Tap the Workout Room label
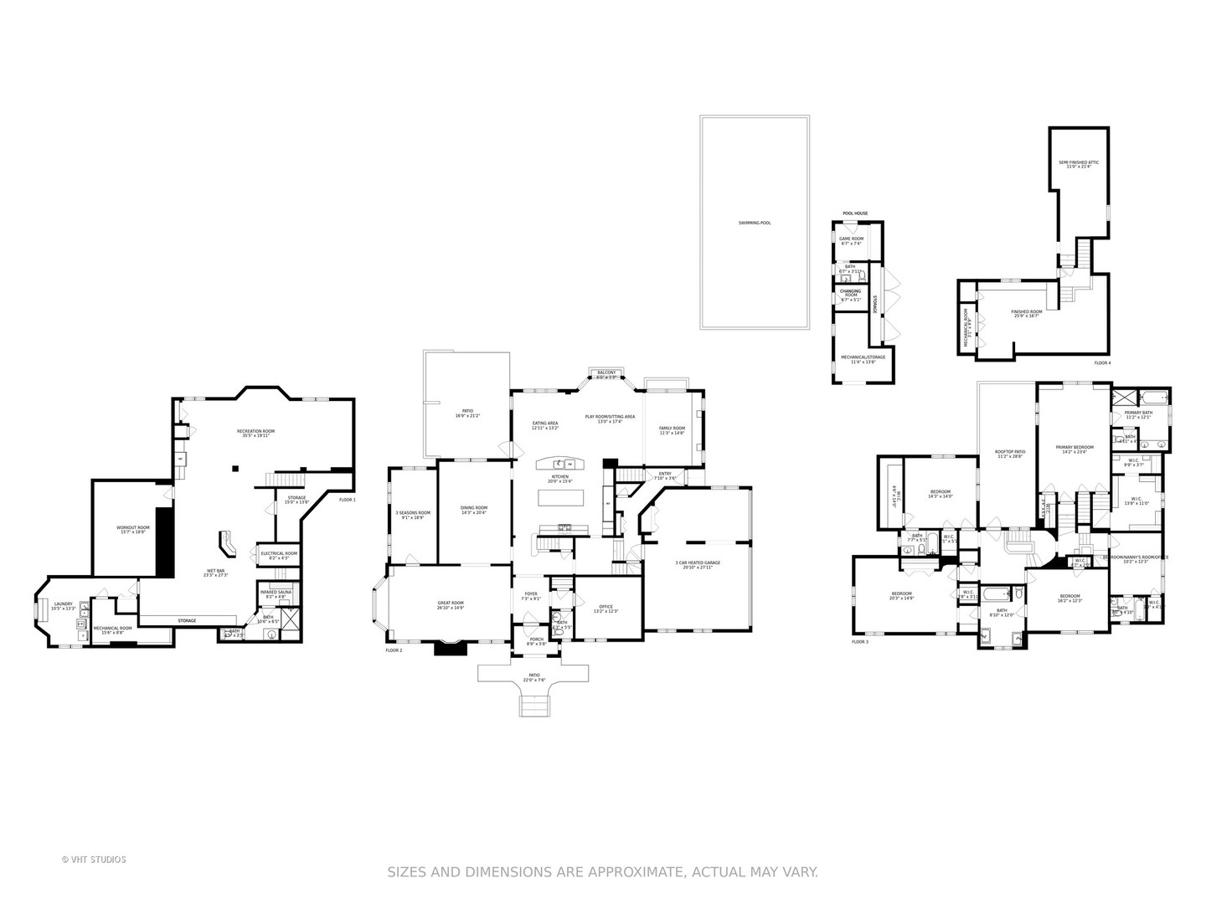132,529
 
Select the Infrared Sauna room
275,593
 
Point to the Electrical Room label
279,555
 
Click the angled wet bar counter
227,543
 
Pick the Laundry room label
64,605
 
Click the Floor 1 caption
347,500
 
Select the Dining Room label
474,510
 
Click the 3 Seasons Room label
412,515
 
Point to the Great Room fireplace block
449,647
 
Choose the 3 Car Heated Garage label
698,565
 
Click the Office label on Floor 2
606,609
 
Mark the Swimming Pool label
754,223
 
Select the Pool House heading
854,213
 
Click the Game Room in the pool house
851,240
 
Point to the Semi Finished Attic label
1079,164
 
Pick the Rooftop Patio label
1008,453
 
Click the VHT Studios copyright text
94,860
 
